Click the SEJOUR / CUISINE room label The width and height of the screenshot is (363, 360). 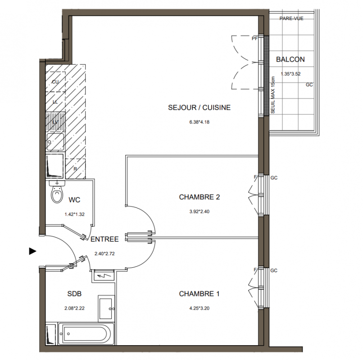[199, 108]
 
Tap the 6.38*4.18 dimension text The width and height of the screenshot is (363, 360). [200, 122]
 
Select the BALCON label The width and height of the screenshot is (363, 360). [290, 59]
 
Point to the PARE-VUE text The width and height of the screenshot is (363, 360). [291, 18]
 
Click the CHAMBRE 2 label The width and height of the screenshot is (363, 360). [200, 197]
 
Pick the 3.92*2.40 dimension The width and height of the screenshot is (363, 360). [200, 211]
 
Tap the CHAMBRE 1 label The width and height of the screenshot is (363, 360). [199, 294]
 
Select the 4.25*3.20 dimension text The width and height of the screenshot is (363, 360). [200, 308]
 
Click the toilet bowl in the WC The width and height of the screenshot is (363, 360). [57, 194]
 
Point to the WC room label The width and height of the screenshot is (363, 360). [74, 200]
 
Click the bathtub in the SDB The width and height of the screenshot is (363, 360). [86, 333]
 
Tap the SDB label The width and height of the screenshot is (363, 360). [74, 294]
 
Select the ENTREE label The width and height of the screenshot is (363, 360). [104, 239]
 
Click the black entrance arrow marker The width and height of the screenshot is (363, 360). [32, 251]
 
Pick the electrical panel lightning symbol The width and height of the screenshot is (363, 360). [103, 276]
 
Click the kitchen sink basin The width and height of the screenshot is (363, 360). [55, 142]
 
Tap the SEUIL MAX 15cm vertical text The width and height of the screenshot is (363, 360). [273, 95]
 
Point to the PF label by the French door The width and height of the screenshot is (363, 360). [254, 38]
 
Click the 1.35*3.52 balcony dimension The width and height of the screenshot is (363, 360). [290, 74]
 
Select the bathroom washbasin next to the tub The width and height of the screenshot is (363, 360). [106, 308]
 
